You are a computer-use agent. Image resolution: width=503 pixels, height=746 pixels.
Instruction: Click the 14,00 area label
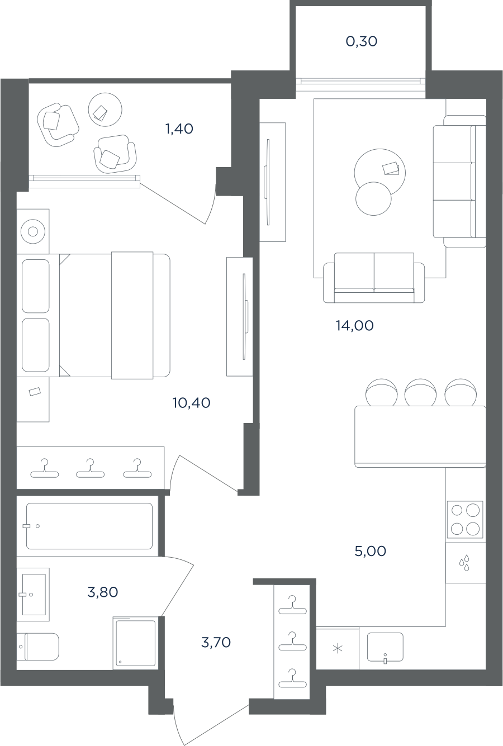coord(354,326)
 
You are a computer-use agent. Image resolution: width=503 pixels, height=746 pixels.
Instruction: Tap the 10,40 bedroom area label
coord(192,403)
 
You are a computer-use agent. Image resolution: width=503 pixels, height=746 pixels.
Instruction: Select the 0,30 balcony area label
coord(362,41)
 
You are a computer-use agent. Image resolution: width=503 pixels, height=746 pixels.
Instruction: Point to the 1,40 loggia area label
coord(179,129)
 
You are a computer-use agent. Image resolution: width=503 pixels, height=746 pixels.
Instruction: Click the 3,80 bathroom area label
coord(103,592)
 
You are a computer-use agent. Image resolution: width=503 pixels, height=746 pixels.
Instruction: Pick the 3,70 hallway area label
coord(216,643)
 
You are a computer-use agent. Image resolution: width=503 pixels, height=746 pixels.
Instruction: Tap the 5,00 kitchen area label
coord(371,551)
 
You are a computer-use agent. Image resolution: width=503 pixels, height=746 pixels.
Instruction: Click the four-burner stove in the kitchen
coord(464,520)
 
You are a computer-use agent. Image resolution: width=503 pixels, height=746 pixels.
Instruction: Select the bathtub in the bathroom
coord(89,526)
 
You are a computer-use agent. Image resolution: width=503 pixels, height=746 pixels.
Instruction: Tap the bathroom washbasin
coord(34,595)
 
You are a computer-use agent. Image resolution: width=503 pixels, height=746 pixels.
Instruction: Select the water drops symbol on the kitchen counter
coord(464,563)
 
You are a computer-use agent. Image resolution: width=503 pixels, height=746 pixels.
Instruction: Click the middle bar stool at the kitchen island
coord(420,392)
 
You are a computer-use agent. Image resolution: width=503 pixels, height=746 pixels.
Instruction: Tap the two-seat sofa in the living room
coord(374,278)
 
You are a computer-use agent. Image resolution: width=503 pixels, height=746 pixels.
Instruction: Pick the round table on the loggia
coord(105,110)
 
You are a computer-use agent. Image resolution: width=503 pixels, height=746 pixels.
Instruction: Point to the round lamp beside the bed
coord(32,231)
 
